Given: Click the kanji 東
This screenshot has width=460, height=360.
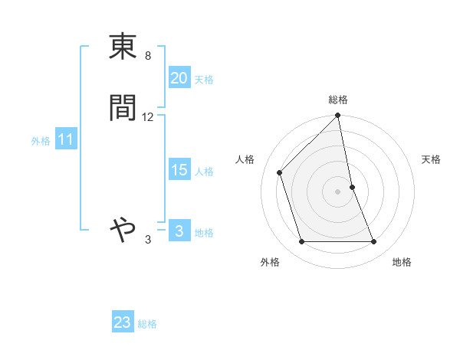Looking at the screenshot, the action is coord(123,48).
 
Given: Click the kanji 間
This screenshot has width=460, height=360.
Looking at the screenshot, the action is coord(123,108).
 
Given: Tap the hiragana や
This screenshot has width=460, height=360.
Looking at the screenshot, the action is coord(123,229).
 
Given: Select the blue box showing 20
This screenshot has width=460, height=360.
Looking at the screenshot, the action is coord(179,77).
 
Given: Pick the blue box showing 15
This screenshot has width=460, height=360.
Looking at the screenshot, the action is coord(179,170).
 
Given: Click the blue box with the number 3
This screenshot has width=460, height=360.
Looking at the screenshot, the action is coord(179,231).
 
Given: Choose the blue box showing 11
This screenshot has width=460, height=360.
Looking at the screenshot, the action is coord(66,139).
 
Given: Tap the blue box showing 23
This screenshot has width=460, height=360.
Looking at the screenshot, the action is coord(123,322).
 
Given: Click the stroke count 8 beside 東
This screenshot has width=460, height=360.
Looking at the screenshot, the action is coord(147,56).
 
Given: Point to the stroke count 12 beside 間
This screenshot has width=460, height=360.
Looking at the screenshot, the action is coord(147,117).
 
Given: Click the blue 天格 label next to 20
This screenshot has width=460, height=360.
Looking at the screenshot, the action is coord(204,79).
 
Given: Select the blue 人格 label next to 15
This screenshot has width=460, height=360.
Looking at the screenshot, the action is coord(204,172).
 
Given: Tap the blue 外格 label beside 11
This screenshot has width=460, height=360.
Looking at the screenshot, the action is coord(41,141).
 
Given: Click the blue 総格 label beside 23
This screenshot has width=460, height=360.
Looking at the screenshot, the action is coord(147,324).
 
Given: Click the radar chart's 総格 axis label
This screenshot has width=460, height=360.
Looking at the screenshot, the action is coord(338,100).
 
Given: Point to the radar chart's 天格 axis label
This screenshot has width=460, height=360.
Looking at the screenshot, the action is coord(432,159).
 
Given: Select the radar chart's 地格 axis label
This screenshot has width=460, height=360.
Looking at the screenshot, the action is coord(402,263).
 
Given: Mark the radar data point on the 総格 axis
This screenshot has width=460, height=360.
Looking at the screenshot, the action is coord(338,116).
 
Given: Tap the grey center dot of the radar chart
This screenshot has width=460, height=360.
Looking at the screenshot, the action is coord(338,191).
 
